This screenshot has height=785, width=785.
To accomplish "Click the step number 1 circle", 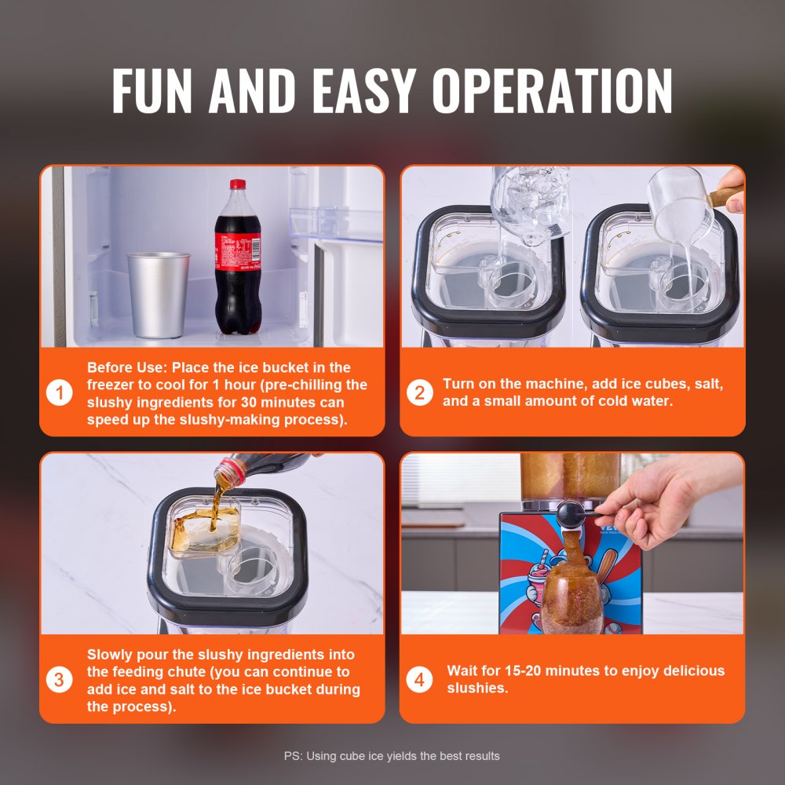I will [x=60, y=392].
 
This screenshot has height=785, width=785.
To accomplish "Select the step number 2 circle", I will [x=419, y=392].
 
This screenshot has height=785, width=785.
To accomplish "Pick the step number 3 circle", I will [x=60, y=679].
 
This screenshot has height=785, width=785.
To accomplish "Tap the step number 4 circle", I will [x=419, y=679].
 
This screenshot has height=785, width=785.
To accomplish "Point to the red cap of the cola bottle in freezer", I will [x=237, y=184].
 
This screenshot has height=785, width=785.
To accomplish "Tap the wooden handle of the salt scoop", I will [x=725, y=195].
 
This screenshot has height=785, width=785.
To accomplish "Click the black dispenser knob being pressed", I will [x=570, y=514].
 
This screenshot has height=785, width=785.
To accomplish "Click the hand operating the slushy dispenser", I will [x=667, y=502].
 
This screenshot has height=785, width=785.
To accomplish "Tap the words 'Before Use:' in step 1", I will [x=126, y=367].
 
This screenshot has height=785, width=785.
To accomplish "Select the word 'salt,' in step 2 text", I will [x=705, y=384].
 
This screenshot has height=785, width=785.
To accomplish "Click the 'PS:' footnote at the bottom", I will [x=293, y=756].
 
